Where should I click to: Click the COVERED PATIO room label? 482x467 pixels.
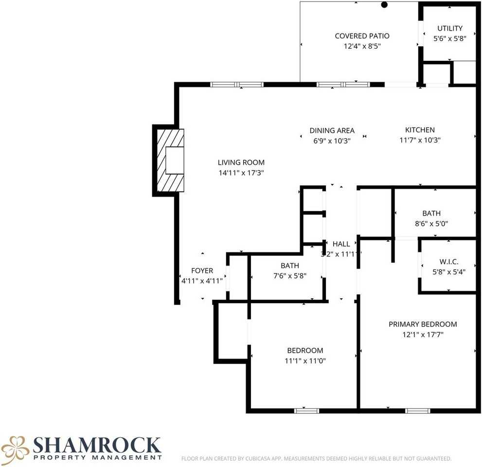(x=362, y=36)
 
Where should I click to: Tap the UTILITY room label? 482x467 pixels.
(x=449, y=28)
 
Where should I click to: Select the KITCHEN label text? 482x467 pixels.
(x=420, y=130)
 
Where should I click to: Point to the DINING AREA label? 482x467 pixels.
(x=332, y=130)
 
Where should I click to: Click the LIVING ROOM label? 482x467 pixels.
(x=241, y=162)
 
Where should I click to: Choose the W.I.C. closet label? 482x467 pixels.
(x=448, y=262)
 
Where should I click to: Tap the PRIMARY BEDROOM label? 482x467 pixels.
(x=423, y=324)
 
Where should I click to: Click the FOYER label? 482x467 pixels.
(x=201, y=270)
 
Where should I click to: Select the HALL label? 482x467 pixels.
(x=341, y=244)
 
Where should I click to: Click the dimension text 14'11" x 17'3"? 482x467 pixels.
(x=241, y=173)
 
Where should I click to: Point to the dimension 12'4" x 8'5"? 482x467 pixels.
(x=362, y=47)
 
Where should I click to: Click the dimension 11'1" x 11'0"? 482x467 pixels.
(x=305, y=361)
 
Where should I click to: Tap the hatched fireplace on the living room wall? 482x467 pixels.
(x=169, y=161)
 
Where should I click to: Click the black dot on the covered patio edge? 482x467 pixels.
(x=384, y=5)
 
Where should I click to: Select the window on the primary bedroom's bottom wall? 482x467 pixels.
(x=418, y=411)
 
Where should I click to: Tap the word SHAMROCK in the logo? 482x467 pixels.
(x=97, y=444)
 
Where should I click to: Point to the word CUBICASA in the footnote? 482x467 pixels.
(x=257, y=458)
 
